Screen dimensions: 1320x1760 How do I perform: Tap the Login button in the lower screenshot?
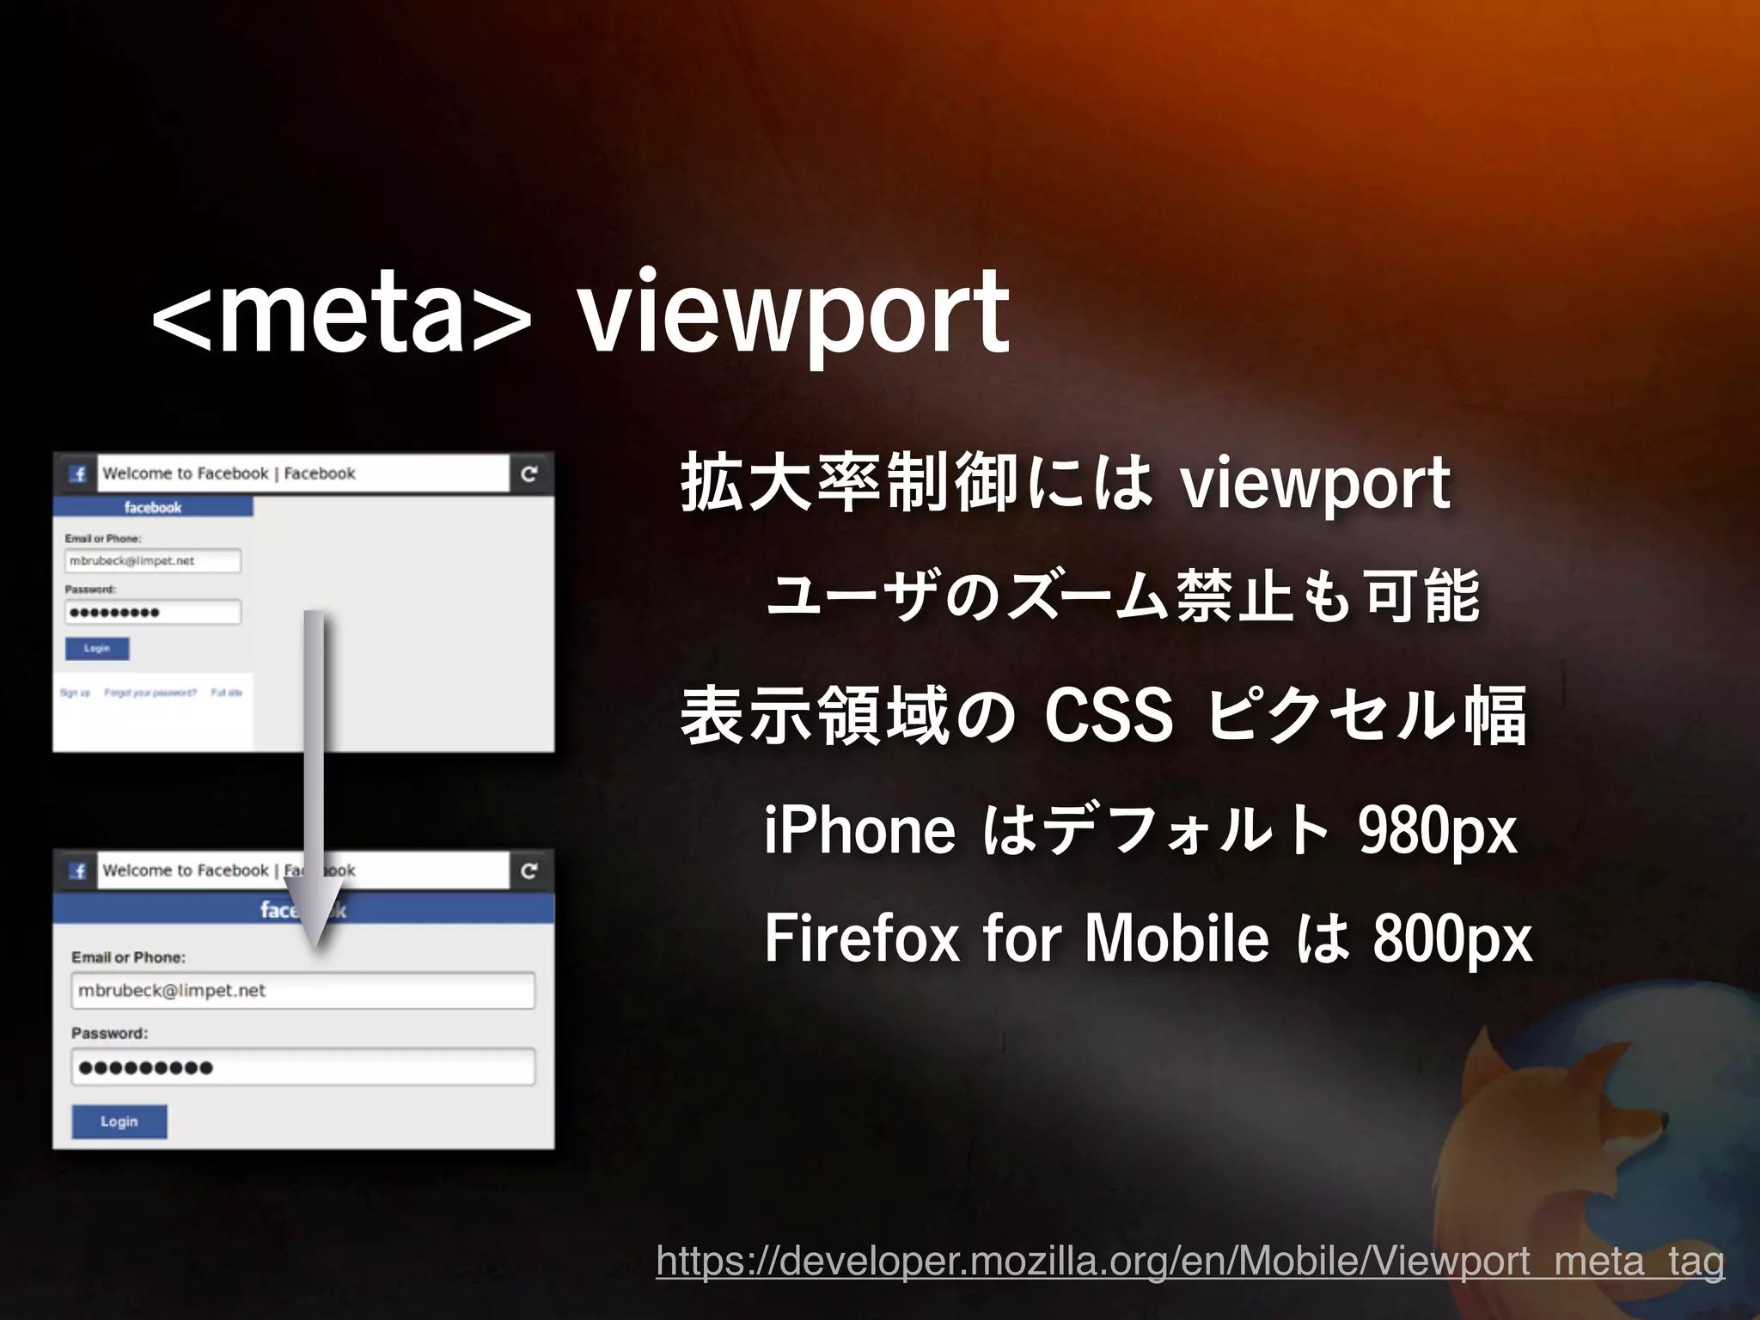pos(119,1121)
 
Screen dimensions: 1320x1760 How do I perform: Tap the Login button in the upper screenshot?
pos(97,648)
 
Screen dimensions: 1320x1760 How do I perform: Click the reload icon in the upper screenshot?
pos(529,474)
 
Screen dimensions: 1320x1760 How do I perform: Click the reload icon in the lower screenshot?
pos(529,871)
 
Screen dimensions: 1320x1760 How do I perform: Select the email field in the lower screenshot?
pos(302,990)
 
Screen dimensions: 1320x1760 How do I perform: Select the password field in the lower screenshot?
pos(302,1067)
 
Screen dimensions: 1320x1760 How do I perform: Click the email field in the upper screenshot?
pos(153,560)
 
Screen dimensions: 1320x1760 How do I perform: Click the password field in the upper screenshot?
pos(153,612)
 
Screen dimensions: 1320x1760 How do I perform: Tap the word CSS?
pos(1108,716)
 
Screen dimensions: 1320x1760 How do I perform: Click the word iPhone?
pos(859,830)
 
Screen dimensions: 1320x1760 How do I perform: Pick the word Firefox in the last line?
pos(861,938)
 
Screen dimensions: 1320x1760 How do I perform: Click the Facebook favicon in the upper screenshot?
pos(78,474)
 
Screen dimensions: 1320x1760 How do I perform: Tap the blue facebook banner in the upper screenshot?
pos(153,507)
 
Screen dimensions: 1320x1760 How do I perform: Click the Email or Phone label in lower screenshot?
pos(128,957)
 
